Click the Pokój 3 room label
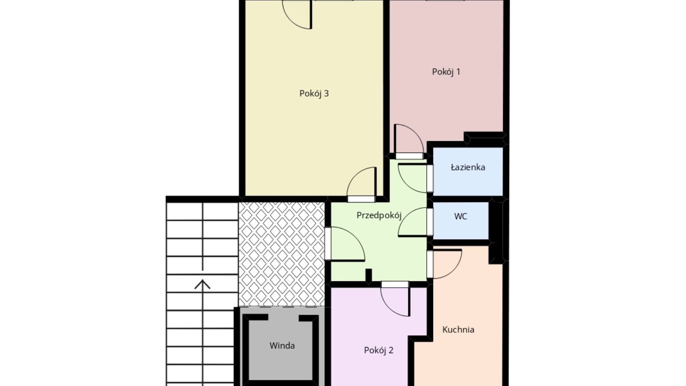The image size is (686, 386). pyautogui.click(x=314, y=94)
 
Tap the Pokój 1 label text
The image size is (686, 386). pyautogui.click(x=446, y=72)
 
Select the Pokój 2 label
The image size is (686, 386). pyautogui.click(x=378, y=350)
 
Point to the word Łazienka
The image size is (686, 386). pyautogui.click(x=468, y=167)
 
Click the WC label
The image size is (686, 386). pyautogui.click(x=461, y=216)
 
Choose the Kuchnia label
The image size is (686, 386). pyautogui.click(x=458, y=330)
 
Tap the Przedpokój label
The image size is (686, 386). pyautogui.click(x=379, y=216)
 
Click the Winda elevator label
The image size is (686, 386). pyautogui.click(x=282, y=346)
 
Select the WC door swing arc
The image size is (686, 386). pyautogui.click(x=407, y=217)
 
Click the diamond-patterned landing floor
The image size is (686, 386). pyautogui.click(x=282, y=254)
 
